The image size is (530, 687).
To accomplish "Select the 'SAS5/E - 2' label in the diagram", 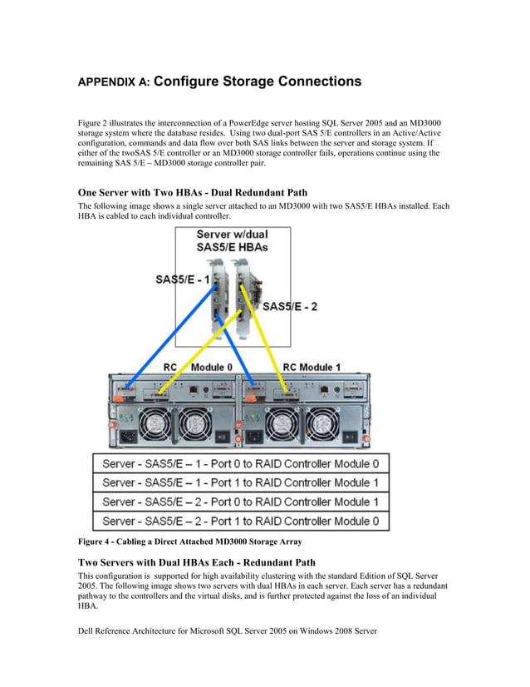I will click(x=290, y=306).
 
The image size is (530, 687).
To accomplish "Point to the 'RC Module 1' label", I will click(x=312, y=367).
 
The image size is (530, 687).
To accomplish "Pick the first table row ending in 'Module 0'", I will click(x=241, y=463).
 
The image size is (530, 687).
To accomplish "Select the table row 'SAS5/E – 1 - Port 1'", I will click(x=241, y=482).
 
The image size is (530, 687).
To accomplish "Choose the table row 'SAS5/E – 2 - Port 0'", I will click(x=241, y=502).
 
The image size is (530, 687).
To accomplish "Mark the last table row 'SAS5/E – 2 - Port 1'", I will click(x=241, y=521).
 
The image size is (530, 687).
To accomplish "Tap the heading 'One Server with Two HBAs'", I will click(x=192, y=193).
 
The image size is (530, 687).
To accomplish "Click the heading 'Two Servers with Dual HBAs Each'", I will click(x=196, y=563).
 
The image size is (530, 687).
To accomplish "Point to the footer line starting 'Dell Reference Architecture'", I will click(x=227, y=631).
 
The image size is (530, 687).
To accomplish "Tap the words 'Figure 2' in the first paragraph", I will click(x=94, y=123).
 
